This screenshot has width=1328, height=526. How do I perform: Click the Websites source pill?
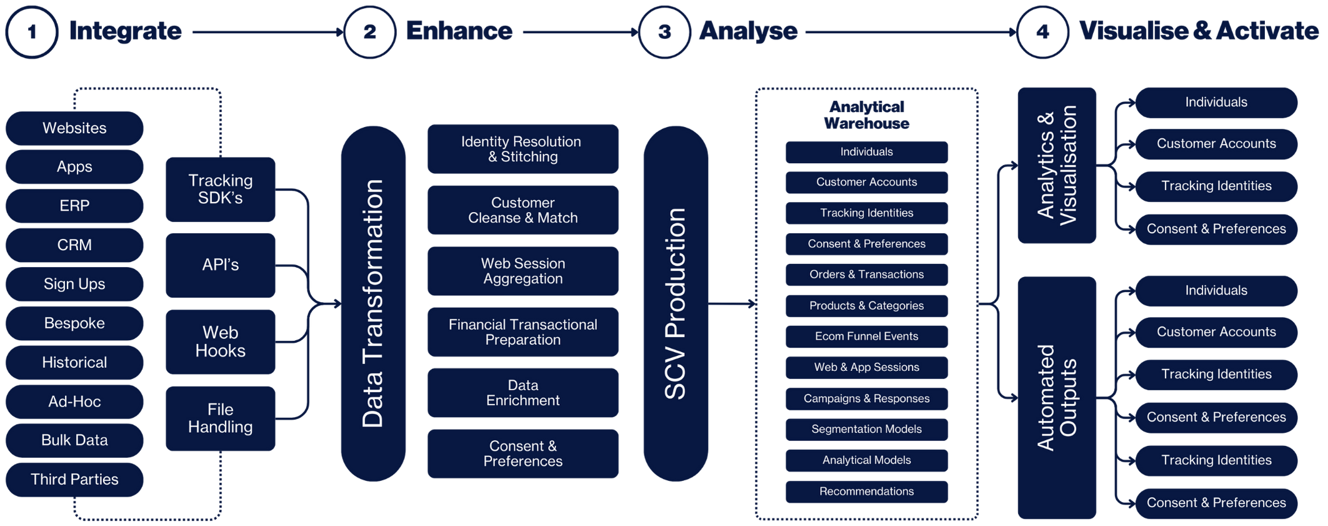click(75, 128)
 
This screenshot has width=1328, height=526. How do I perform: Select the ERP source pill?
click(75, 206)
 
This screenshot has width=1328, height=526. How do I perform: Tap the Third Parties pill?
click(75, 479)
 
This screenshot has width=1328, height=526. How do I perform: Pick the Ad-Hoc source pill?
click(75, 402)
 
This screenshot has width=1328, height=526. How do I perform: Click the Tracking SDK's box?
click(220, 189)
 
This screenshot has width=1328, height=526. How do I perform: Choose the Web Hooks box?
click(220, 341)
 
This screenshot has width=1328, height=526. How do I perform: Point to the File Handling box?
click(220, 418)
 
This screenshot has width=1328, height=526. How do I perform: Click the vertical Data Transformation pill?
click(373, 304)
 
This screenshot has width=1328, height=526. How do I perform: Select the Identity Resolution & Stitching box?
click(522, 149)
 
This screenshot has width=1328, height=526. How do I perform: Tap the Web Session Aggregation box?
click(522, 271)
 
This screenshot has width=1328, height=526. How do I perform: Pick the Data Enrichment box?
click(522, 393)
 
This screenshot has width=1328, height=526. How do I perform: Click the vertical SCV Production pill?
click(676, 304)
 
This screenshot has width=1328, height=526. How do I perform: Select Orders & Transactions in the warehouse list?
click(866, 275)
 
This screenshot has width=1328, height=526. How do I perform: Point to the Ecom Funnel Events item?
click(866, 336)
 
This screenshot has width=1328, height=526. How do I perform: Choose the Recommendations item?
click(866, 492)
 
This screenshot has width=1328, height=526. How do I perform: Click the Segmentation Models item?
click(866, 429)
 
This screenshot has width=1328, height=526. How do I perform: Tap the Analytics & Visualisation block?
click(1057, 165)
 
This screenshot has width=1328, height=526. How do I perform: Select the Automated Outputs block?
click(1057, 398)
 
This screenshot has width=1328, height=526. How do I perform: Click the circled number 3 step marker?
click(664, 32)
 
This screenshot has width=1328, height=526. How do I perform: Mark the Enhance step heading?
click(459, 31)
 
